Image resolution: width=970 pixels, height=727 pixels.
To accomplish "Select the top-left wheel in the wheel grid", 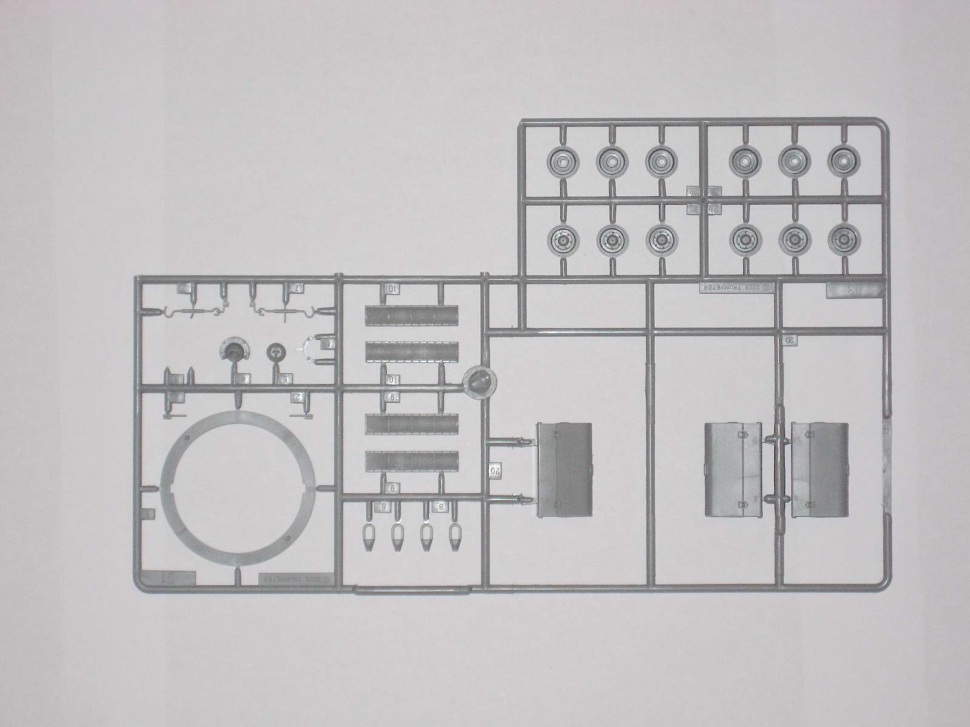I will tap(564, 161).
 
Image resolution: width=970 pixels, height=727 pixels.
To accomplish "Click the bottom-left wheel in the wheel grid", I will tap(564, 240).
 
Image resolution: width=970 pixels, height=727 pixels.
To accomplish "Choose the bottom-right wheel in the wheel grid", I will tap(841, 240).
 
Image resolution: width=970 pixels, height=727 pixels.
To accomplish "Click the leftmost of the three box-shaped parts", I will tap(564, 470).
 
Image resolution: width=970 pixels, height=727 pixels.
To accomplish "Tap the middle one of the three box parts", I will tap(731, 470).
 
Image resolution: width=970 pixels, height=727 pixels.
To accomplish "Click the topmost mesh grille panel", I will tap(412, 316).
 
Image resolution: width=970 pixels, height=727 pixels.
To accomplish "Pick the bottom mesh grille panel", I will tap(412, 463).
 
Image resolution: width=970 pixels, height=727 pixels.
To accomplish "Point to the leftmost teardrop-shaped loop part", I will tap(369, 536).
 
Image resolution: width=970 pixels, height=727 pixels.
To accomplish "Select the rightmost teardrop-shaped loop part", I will tap(454, 536).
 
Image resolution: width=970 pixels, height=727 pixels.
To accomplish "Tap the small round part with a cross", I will tap(276, 351).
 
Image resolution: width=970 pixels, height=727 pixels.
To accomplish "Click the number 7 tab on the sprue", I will tap(297, 288).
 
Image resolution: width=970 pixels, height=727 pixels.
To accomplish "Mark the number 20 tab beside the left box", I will tap(494, 470).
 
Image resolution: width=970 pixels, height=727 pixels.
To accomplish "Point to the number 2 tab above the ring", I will tap(298, 397).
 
